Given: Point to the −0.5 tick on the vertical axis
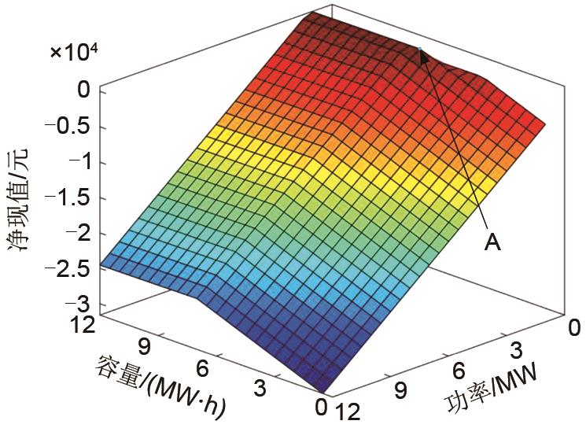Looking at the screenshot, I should pos(76,127).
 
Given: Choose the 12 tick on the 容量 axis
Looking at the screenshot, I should pos(82,325).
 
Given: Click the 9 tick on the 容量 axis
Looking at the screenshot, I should pos(143,346).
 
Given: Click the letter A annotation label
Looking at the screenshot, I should pos(492,245).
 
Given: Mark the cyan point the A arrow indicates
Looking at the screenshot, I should pos(421,50).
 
